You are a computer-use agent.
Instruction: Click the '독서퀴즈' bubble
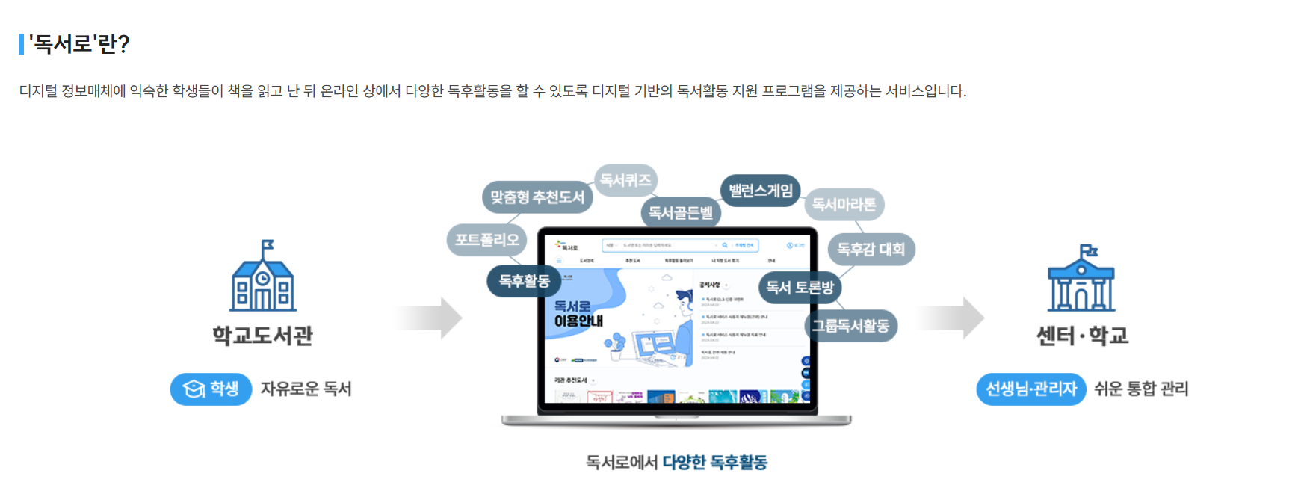point(625,180)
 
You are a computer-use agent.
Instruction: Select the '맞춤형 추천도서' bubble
point(537,197)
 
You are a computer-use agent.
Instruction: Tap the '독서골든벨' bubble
point(680,213)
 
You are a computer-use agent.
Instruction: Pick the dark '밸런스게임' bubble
point(761,191)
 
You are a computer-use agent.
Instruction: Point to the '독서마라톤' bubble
point(844,204)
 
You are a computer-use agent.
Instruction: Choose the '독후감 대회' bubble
point(871,249)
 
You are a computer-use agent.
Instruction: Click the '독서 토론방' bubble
point(800,287)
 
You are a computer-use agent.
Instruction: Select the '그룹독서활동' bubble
point(850,326)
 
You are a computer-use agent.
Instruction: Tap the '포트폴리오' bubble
point(486,240)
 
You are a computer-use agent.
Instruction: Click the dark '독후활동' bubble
point(525,281)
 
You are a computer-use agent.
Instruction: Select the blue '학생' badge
point(211,389)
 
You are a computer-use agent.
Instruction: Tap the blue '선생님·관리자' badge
point(1030,389)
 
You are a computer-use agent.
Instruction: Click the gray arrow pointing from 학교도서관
point(430,318)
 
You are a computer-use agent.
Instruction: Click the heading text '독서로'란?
point(79,44)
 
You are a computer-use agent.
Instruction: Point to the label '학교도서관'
point(262,336)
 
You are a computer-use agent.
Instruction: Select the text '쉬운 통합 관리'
point(1141,389)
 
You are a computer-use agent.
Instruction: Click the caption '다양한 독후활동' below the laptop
point(714,463)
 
